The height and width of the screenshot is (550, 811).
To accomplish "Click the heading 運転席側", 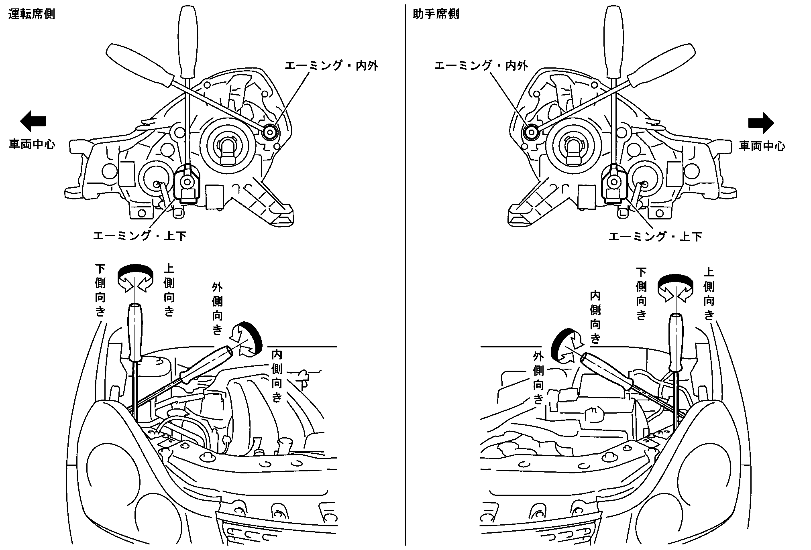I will pyautogui.click(x=32, y=14).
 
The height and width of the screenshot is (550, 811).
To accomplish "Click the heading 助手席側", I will pyautogui.click(x=436, y=14).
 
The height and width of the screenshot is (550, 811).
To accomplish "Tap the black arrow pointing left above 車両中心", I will pyautogui.click(x=33, y=121).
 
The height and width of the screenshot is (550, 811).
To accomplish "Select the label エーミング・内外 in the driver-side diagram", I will pyautogui.click(x=331, y=66).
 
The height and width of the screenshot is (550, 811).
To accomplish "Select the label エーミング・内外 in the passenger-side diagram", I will pyautogui.click(x=481, y=66).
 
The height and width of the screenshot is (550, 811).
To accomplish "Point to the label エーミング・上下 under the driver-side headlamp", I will pyautogui.click(x=140, y=235).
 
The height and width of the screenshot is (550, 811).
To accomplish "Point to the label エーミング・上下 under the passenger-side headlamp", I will pyautogui.click(x=655, y=236).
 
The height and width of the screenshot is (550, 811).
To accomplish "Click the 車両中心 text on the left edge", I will pyautogui.click(x=32, y=144).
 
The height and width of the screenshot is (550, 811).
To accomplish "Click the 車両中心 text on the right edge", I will pyautogui.click(x=762, y=146).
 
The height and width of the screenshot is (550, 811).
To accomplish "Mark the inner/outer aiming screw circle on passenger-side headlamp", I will pyautogui.click(x=532, y=132).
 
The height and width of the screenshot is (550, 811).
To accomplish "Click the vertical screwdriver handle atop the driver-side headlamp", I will pyautogui.click(x=188, y=40).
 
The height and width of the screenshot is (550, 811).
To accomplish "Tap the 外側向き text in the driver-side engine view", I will pyautogui.click(x=217, y=308).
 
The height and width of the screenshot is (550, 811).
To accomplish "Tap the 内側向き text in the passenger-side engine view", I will pyautogui.click(x=595, y=317).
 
